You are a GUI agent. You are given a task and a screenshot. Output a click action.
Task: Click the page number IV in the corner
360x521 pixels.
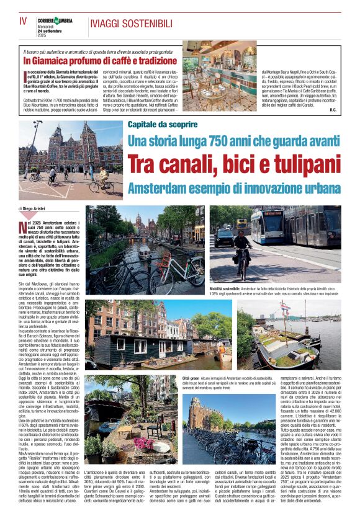point(24,21)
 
